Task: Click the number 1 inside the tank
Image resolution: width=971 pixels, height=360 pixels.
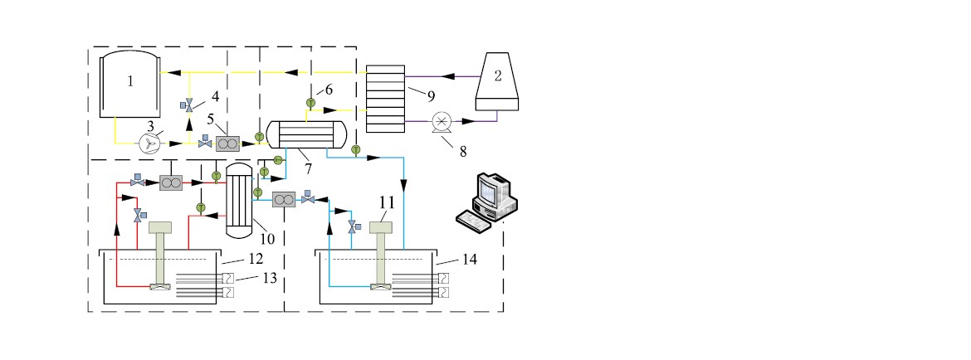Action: point(130,81)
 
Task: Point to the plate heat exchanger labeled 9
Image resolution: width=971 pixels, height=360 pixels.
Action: point(385,97)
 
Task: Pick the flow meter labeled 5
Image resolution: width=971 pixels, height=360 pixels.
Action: point(227,144)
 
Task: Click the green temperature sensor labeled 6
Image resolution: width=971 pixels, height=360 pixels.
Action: point(310,103)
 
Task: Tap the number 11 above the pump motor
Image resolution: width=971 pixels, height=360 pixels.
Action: point(386,202)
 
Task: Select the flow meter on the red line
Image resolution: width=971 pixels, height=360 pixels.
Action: point(172,182)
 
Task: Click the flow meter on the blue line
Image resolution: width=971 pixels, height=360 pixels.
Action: point(284,200)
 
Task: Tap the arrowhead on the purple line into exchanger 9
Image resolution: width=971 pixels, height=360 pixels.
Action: point(448,76)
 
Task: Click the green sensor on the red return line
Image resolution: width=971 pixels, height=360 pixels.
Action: point(200,207)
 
